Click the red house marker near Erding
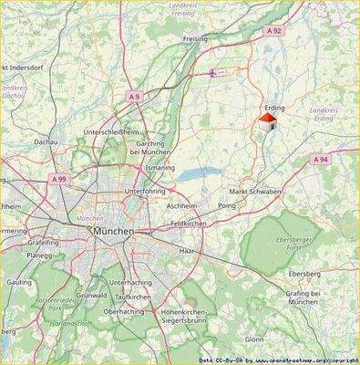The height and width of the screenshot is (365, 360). [x=266, y=122]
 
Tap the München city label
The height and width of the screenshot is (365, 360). [x=113, y=232]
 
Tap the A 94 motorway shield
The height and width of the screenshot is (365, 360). [x=320, y=159]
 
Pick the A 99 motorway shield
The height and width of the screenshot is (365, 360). [x=59, y=180]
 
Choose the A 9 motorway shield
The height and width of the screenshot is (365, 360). [x=135, y=96]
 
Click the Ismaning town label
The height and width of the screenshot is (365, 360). [x=159, y=169]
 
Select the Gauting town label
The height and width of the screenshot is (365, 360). [x=18, y=284]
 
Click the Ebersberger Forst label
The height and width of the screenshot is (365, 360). [x=303, y=239]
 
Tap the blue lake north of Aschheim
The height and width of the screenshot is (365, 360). [x=196, y=175]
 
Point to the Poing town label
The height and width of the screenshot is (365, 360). [x=228, y=206]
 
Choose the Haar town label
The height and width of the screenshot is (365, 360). [x=188, y=249]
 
